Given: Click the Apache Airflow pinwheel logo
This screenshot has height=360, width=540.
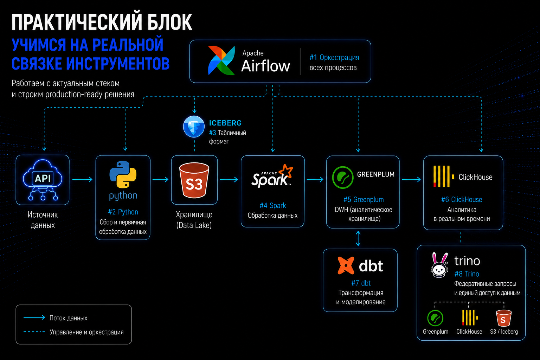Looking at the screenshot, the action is coord(221,60).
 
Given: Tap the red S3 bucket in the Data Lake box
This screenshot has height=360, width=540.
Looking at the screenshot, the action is coord(194,180).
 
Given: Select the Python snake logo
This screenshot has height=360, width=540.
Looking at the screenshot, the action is coord(123,174).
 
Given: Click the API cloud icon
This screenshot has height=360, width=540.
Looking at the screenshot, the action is coord(43,180).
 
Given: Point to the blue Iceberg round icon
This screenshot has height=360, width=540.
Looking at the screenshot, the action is coord(194,127).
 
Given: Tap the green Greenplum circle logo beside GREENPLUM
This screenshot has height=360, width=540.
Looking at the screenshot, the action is coord(342,177).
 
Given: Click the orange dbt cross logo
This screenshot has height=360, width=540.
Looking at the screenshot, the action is coord(346,265).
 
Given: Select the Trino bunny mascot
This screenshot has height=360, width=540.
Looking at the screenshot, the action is coord(439,265).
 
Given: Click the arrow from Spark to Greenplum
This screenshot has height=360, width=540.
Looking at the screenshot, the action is coord(315,179).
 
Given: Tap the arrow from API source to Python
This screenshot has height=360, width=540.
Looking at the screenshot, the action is coord(83,179).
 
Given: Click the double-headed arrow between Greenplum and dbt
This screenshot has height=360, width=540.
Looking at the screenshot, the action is coord(358,238).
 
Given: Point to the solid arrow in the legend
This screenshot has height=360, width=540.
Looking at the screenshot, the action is coord(34,317).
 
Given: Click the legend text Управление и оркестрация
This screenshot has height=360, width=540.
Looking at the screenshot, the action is coord(86,332).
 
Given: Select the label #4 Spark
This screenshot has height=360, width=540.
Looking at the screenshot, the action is coord(273,205).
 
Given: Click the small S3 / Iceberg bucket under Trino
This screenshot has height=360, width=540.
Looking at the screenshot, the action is coord(503,318).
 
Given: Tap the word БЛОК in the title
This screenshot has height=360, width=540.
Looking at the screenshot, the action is coord(170,22).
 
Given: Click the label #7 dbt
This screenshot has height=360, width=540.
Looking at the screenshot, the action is coord(361,283).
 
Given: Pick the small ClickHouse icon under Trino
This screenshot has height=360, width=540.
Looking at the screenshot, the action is coord(470,318).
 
